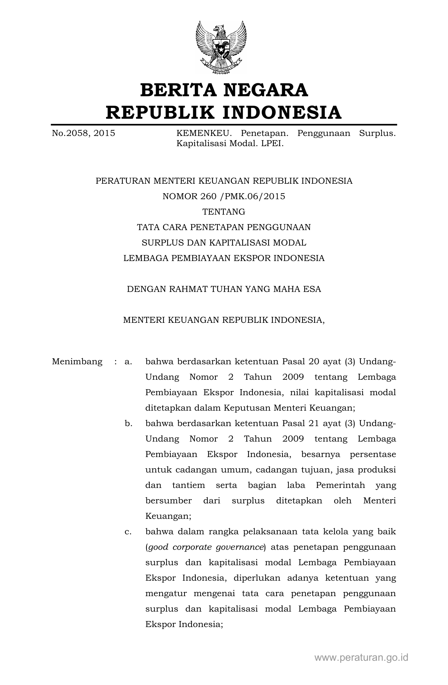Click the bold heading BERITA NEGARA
pyautogui.click(x=224, y=90)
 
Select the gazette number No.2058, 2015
pyautogui.click(x=83, y=133)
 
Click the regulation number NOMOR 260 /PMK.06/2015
pyautogui.click(x=224, y=196)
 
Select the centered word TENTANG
pyautogui.click(x=224, y=212)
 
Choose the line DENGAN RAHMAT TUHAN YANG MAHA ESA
pyautogui.click(x=224, y=289)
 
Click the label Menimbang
pyautogui.click(x=77, y=361)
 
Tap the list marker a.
pyautogui.click(x=128, y=361)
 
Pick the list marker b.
pyautogui.click(x=128, y=423)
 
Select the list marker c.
pyautogui.click(x=128, y=531)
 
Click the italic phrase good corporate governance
pyautogui.click(x=206, y=547)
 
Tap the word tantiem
pyautogui.click(x=188, y=485)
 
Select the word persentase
pyautogui.click(x=373, y=454)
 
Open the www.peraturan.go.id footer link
pyautogui.click(x=361, y=658)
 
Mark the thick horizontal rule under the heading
pyautogui.click(x=224, y=125)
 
